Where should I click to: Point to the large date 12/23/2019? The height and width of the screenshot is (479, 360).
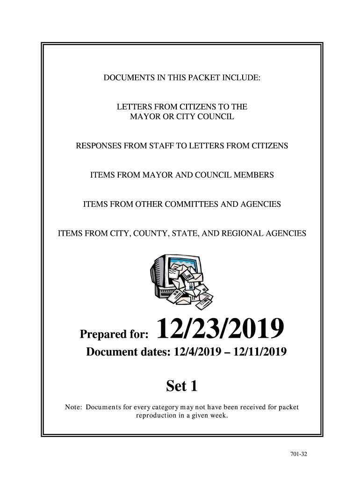pyautogui.click(x=220, y=329)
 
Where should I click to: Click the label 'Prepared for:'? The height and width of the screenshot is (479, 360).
pyautogui.click(x=115, y=334)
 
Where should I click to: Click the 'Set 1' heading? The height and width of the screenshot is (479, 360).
pyautogui.click(x=182, y=386)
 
